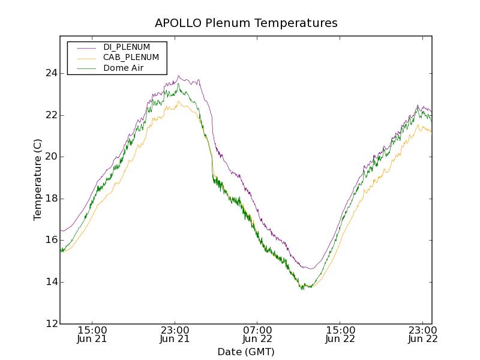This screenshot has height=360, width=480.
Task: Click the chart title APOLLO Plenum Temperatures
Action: (x=246, y=23)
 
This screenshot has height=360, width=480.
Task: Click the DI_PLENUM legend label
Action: (x=127, y=47)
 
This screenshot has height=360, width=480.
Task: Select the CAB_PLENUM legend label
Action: (x=131, y=58)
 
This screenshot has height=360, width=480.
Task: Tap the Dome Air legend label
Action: (x=123, y=68)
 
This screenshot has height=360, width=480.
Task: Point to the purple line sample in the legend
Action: (x=86, y=47)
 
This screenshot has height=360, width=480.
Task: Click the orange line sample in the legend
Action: (x=86, y=58)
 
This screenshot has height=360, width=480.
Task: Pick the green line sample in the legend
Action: (x=86, y=68)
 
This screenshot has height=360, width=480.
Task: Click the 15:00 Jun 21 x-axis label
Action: (x=92, y=334)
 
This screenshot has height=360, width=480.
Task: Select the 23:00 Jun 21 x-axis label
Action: (x=175, y=334)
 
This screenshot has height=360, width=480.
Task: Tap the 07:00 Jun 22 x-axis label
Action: (x=257, y=334)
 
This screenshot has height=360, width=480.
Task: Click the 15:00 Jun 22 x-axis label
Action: (x=340, y=334)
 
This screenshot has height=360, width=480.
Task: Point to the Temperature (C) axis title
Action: (x=38, y=180)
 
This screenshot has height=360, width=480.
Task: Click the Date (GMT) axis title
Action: (x=246, y=352)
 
